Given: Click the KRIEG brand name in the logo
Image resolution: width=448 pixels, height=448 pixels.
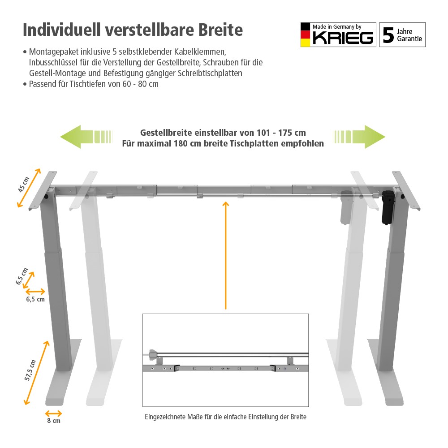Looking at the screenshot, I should click(x=343, y=38).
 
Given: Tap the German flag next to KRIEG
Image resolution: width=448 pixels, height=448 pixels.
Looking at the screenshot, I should click(x=305, y=35).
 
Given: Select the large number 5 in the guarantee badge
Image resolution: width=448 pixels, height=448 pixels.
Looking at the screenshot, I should click(x=388, y=35).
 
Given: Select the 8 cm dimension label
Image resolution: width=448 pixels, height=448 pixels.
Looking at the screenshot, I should click(x=54, y=421).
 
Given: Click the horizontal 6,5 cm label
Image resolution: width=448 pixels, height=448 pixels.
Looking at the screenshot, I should click(x=35, y=299).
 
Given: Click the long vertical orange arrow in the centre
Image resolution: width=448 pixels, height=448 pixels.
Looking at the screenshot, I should click(x=226, y=255).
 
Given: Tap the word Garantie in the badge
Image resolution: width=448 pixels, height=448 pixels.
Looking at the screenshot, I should click(x=409, y=39).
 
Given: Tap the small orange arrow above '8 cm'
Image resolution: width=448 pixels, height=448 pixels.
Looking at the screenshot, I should click(x=54, y=413).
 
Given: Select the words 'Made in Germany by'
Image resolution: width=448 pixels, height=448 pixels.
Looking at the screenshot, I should click(x=337, y=27).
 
